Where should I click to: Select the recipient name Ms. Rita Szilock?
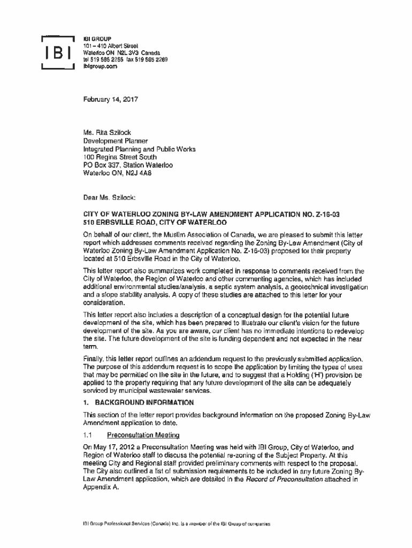pyautogui.click(x=106, y=133)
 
